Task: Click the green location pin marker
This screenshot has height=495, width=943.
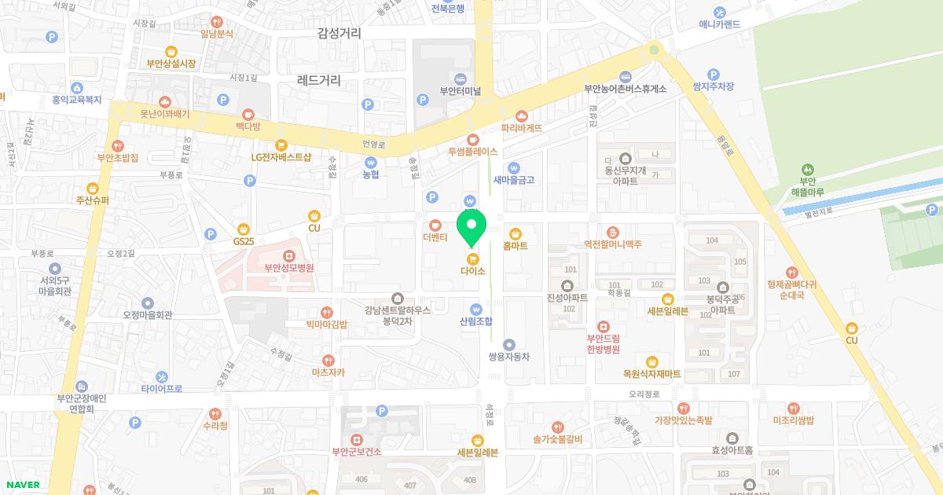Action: pyautogui.click(x=472, y=229)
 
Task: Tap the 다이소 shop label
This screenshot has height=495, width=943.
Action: pyautogui.click(x=472, y=271)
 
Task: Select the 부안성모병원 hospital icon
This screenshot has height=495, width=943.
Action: pyautogui.click(x=289, y=256)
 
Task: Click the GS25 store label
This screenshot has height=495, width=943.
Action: pyautogui.click(x=244, y=240)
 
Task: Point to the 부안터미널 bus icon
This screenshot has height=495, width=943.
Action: pyautogui.click(x=460, y=78)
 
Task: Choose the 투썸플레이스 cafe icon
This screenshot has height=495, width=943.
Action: pyautogui.click(x=472, y=140)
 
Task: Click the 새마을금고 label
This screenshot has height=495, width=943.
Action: pyautogui.click(x=514, y=180)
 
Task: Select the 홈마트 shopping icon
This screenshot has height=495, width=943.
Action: pyautogui.click(x=516, y=233)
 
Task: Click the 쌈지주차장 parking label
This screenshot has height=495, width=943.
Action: pyautogui.click(x=713, y=86)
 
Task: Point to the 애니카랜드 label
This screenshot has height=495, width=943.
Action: pyautogui.click(x=720, y=24)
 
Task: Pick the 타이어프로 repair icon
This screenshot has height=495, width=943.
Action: pyautogui.click(x=162, y=377)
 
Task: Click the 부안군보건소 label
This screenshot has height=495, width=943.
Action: pyautogui.click(x=357, y=451)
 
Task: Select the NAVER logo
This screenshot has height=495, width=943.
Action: pyautogui.click(x=23, y=485)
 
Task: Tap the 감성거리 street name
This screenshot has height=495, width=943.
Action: pyautogui.click(x=339, y=33)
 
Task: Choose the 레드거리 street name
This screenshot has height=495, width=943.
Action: pyautogui.click(x=320, y=79)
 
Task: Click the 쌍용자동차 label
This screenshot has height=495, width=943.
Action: pyautogui.click(x=509, y=357)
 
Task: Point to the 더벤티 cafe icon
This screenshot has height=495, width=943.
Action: pyautogui.click(x=435, y=225)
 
